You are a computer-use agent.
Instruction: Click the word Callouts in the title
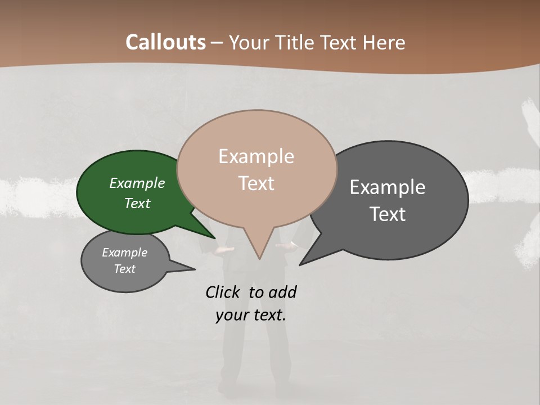165,42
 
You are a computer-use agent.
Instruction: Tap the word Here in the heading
384,42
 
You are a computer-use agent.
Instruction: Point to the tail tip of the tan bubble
259,258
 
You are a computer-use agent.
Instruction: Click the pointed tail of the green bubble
213,237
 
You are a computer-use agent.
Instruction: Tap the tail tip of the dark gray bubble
300,264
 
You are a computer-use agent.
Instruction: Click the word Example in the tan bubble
256,156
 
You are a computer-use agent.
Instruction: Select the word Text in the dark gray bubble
388,214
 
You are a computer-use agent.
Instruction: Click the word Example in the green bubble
137,183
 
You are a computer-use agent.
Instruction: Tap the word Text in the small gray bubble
125,269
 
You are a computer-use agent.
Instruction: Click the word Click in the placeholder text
223,292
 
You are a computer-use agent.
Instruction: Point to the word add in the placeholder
282,292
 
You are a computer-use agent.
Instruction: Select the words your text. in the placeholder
251,315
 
